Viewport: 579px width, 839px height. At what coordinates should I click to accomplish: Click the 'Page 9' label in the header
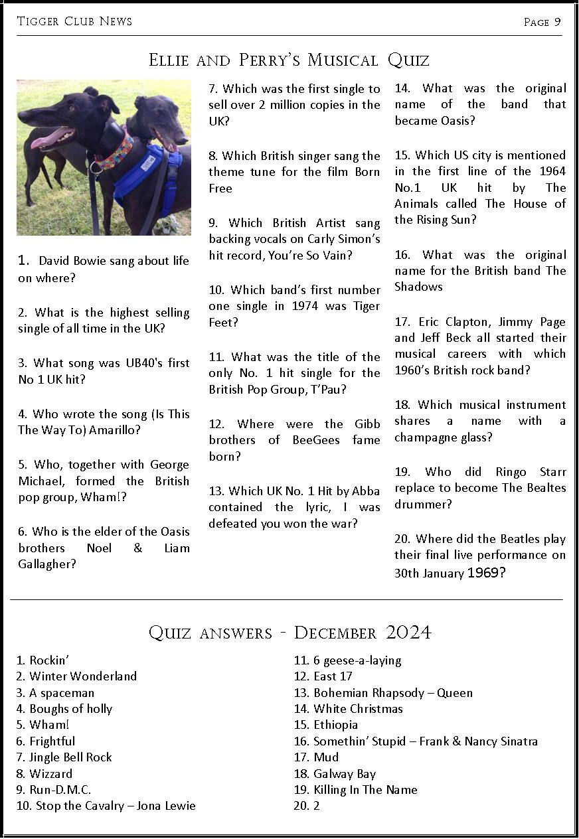coord(542,22)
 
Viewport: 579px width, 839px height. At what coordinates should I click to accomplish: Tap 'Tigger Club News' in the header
coord(74,21)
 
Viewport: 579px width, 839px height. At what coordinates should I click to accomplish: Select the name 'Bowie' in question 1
coord(85,261)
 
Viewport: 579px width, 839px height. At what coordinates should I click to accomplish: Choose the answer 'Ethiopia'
coord(335,725)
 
